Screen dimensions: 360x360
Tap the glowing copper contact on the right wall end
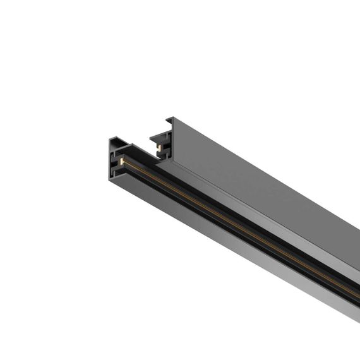tap(159, 147)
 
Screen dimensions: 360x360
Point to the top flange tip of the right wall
tap(169, 118)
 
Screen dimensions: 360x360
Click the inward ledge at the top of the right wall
tap(157, 134)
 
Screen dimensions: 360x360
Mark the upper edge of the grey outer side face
tap(265, 171)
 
